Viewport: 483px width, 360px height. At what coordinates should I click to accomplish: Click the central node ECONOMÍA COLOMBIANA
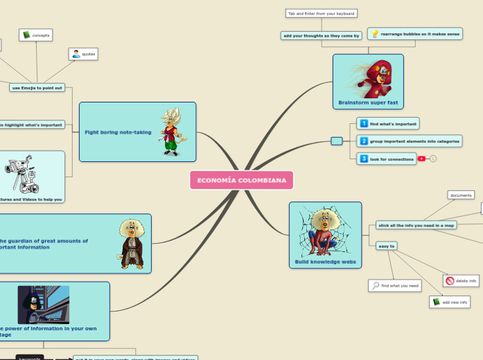pos(241,180)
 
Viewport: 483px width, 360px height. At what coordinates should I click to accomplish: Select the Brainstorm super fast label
pos(368,102)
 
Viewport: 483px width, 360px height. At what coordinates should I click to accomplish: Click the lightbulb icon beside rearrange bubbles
pos(374,33)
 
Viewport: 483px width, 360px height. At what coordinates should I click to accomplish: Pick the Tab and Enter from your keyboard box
pos(321,13)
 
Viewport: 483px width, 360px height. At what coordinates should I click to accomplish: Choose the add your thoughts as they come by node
pos(322,35)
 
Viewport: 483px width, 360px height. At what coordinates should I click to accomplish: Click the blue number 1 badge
pos(363,124)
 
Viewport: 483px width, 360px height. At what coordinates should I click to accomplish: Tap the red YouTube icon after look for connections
pos(421,159)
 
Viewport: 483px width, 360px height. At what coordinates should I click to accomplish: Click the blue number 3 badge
pos(363,159)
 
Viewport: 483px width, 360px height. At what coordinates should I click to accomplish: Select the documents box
pos(461,195)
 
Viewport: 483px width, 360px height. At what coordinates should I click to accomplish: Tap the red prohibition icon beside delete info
pos(450,281)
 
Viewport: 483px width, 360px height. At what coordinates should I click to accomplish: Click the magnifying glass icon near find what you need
pos(375,285)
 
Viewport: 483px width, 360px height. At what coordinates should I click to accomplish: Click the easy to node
pos(386,246)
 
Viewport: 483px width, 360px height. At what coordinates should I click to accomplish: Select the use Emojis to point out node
pos(37,87)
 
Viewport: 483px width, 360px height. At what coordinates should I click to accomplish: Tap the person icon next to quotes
pos(76,53)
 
